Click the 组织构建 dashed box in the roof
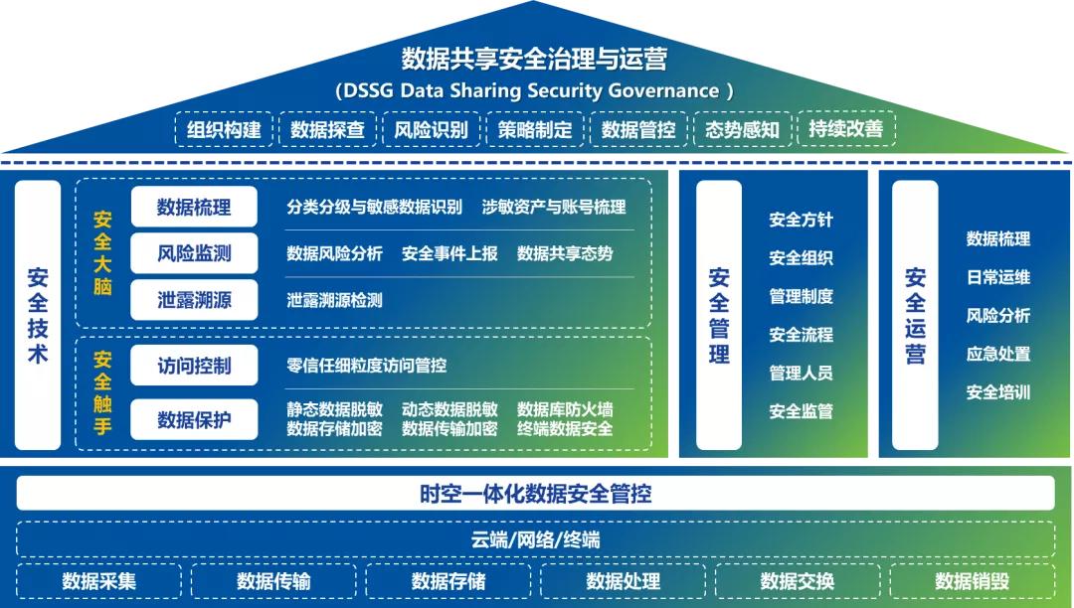[x=224, y=129]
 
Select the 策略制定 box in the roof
[x=535, y=129]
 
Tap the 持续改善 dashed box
[x=846, y=128]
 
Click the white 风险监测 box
[x=194, y=253]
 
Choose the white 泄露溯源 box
[x=194, y=300]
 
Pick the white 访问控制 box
[x=194, y=366]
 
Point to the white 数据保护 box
[x=194, y=419]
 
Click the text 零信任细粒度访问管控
[x=366, y=366]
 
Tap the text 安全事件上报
[x=449, y=253]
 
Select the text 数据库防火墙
[x=565, y=409]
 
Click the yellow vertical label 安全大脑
[x=102, y=253]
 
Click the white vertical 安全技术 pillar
[x=38, y=315]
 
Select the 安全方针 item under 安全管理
[x=801, y=221]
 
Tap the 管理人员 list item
[x=801, y=374]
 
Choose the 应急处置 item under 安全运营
[x=998, y=355]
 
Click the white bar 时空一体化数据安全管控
[x=536, y=493]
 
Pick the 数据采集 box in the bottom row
[x=99, y=581]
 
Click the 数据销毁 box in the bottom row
[x=972, y=581]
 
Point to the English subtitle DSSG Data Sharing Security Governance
[x=534, y=91]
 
